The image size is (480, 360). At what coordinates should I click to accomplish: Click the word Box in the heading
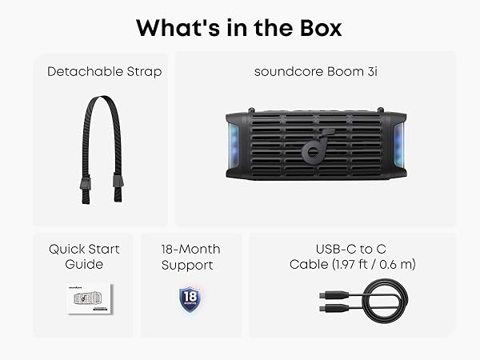pos(314,28)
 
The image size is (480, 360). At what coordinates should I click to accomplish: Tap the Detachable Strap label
pos(104,72)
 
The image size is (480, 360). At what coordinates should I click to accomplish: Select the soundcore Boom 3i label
pos(315,72)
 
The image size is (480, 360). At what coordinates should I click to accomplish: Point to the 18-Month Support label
pos(190,256)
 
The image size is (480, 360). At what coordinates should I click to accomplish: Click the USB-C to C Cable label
pos(352,256)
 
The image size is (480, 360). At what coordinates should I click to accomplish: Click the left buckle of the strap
pos(84,189)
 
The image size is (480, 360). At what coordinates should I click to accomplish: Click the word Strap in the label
pos(143,72)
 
